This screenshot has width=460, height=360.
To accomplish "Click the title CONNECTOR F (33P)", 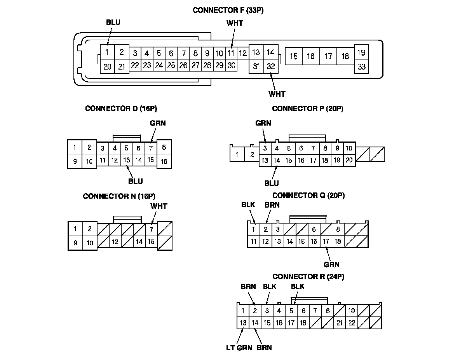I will point(228,10).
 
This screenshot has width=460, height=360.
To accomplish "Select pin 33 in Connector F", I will point(361,66).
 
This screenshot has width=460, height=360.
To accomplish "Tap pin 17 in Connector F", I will point(328,57).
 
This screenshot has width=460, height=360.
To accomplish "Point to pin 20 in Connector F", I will point(107,66).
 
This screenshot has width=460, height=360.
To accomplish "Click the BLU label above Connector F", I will point(113,22).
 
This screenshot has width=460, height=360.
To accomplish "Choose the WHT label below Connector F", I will point(277,94).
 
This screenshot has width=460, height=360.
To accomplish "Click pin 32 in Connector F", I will point(271,66).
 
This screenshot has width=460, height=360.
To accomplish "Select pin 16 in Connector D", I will point(164,161).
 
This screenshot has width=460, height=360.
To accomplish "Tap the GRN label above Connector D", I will point(158,123).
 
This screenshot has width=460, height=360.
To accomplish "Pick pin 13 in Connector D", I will point(127,160).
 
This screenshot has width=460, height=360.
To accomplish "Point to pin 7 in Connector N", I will point(152,229).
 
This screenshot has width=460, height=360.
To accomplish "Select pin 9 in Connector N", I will point(75,243).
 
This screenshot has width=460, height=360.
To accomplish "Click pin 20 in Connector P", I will point(349,160).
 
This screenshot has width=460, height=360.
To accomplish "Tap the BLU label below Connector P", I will point(272,183).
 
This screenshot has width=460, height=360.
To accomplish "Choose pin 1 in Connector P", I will point(237,155).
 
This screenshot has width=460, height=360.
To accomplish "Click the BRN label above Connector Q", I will point(272,205).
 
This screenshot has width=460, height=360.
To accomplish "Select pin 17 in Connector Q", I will point(326,241).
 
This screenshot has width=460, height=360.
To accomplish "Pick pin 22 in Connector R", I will point(351,323).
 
